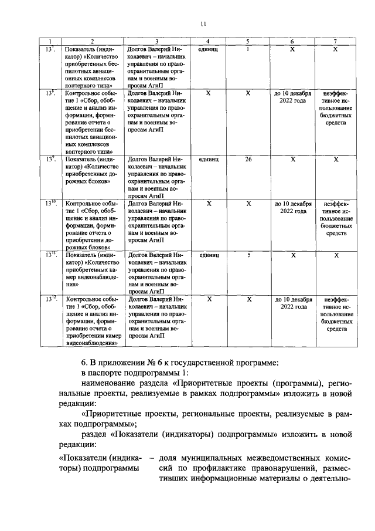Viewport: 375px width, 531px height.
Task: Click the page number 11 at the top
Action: pos(203,23)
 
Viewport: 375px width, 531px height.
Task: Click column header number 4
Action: pos(209,41)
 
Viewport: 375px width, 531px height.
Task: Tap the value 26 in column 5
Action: pos(248,159)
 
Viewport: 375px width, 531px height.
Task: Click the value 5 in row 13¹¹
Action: pos(248,255)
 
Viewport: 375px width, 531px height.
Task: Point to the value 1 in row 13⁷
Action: pos(248,49)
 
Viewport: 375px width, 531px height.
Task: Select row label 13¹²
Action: pos(51,299)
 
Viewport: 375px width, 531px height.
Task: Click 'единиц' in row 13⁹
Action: pos(209,159)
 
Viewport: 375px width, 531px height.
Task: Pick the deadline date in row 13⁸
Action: pos(293,97)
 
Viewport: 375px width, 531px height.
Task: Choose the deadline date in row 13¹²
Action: pos(293,303)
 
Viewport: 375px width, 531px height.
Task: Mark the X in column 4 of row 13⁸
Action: pos(209,93)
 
